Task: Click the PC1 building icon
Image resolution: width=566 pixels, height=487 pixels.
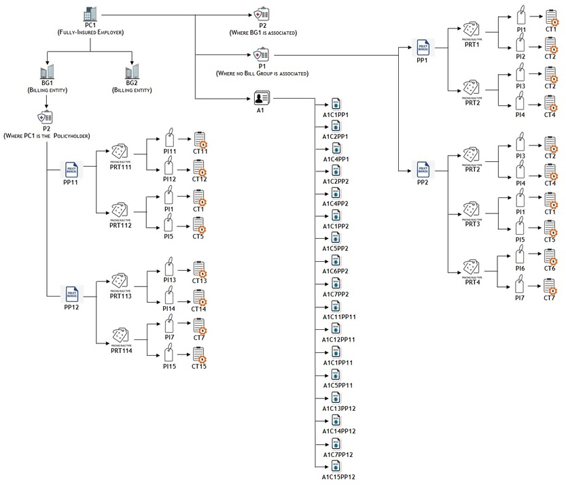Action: pos(90,13)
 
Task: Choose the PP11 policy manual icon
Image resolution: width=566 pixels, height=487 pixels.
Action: pos(72,170)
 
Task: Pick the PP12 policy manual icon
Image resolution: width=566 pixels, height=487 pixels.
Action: pos(72,294)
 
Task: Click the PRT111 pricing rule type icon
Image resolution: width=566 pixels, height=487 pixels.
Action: pos(120,151)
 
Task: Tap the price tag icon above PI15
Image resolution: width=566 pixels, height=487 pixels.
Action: pos(169,352)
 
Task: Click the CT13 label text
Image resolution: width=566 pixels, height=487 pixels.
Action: pos(199,280)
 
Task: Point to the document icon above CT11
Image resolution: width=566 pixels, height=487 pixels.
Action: pos(200,139)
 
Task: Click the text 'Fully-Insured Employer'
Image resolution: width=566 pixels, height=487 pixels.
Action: pos(90,32)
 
